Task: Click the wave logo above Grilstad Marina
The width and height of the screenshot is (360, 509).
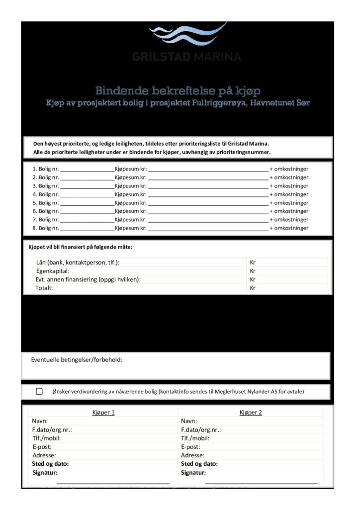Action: pos(187,33)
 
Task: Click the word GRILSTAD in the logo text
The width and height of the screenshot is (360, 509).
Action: pos(162,57)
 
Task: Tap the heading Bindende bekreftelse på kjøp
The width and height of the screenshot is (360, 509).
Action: pos(178,91)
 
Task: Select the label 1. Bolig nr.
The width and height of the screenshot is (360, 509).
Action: pos(46,169)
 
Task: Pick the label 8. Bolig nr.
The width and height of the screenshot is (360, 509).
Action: pos(46,228)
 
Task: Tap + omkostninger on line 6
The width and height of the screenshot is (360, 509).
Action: pos(289,211)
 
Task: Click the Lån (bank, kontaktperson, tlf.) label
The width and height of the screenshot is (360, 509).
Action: pos(78,262)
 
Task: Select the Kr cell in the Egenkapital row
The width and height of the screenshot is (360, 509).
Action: pos(253,271)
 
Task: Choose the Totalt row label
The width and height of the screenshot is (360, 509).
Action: pos(44,288)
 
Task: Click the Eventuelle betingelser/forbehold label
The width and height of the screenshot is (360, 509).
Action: pos(77,359)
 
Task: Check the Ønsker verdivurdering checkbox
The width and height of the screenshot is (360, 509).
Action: pos(39,392)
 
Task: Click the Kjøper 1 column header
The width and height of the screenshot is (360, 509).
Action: pos(103,413)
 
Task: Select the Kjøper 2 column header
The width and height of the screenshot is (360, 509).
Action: pos(251,413)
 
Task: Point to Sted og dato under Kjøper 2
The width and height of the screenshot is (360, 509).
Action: pos(199,464)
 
